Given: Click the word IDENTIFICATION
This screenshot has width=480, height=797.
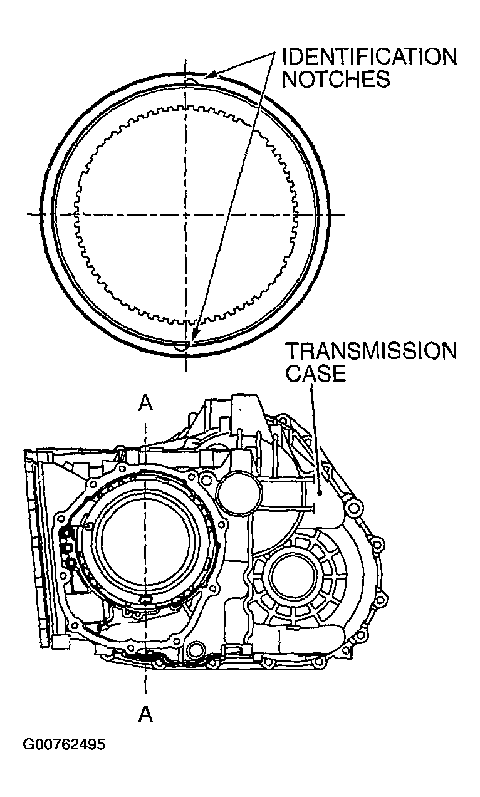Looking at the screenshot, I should click(370, 57).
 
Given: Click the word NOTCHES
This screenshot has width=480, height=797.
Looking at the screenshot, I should click(336, 80).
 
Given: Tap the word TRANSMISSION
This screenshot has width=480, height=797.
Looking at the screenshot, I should click(371, 352).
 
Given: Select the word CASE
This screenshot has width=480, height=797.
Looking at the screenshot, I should click(316, 374).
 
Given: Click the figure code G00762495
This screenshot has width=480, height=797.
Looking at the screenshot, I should click(64, 745).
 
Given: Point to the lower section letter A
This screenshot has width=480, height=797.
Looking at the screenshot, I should click(146, 714).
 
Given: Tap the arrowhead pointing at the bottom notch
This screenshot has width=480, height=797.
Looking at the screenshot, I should click(194, 338).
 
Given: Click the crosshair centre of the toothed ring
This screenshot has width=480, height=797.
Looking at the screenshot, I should click(185, 214).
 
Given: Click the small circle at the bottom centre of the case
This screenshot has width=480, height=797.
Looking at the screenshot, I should click(196, 650).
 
